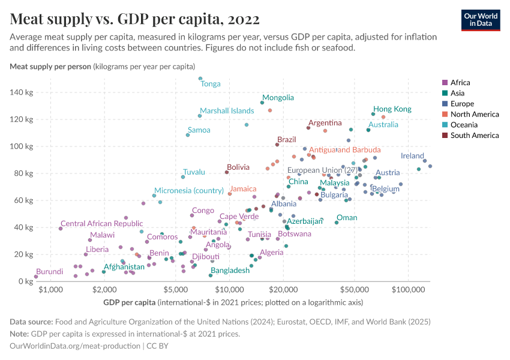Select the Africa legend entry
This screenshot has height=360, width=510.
pyautogui.click(x=460, y=83)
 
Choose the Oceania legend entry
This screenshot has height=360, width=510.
pyautogui.click(x=463, y=125)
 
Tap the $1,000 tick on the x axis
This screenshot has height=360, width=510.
pyautogui.click(x=50, y=290)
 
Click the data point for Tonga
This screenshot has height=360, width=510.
pyautogui.click(x=200, y=79)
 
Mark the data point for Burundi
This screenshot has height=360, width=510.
pyautogui.click(x=36, y=277)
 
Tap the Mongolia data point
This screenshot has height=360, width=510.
pyautogui.click(x=262, y=103)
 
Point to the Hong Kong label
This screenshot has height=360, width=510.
pyautogui.click(x=392, y=109)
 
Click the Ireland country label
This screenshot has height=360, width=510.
pyautogui.click(x=412, y=156)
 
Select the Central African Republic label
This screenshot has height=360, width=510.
pyautogui.click(x=101, y=224)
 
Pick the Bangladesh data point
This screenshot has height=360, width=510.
pyautogui.click(x=211, y=275)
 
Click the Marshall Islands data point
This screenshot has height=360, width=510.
pyautogui.click(x=200, y=116)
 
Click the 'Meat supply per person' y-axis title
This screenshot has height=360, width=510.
pyautogui.click(x=50, y=66)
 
